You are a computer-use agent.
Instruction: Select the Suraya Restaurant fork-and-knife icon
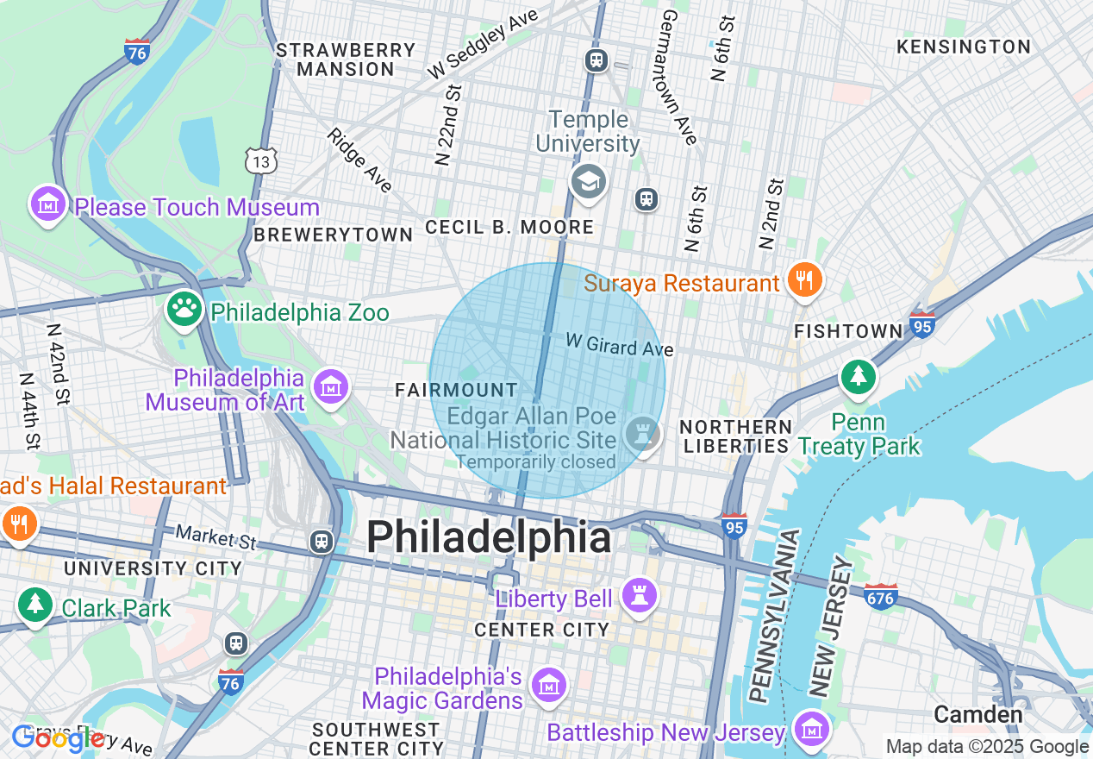(x=803, y=281)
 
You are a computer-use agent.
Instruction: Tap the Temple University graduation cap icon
(x=589, y=182)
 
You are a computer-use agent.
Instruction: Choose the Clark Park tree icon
(x=35, y=604)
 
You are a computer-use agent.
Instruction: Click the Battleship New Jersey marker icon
(x=811, y=730)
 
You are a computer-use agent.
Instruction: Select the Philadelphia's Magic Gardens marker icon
(x=548, y=686)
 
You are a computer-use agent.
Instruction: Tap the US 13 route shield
(x=260, y=160)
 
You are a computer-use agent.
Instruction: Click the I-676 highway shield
(x=880, y=595)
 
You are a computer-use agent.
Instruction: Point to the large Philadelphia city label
(x=489, y=538)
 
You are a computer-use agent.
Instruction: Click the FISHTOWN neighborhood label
(x=848, y=331)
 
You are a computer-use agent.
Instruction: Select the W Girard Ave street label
(x=619, y=345)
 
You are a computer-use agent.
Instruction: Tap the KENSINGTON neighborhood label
(x=964, y=47)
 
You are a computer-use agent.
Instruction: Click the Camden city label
(x=978, y=714)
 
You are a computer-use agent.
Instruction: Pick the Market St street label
(x=216, y=537)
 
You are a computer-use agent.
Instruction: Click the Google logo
(x=57, y=738)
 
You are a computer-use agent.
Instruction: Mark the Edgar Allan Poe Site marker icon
(x=641, y=430)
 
